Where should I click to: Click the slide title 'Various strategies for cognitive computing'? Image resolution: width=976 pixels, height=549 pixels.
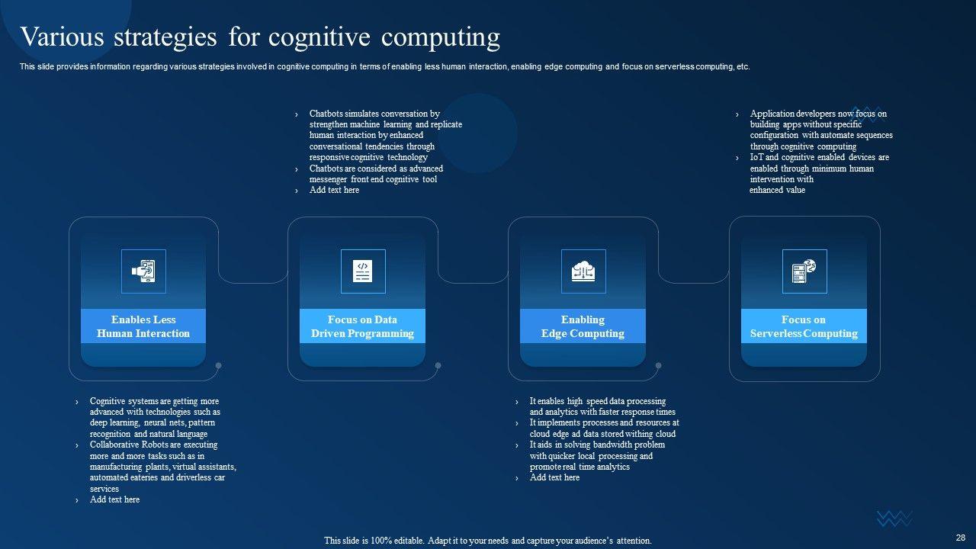point(260,37)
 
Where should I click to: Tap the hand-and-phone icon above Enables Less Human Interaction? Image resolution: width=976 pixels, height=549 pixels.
point(143,271)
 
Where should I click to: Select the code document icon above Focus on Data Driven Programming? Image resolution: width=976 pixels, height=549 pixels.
point(363,271)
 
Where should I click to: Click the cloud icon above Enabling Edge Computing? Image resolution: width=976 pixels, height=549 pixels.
point(583,271)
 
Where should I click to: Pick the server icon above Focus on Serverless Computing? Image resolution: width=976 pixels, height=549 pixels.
point(804,271)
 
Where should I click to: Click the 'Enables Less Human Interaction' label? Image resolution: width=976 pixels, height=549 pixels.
point(143,326)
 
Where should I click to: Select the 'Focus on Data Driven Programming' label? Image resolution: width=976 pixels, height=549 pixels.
point(363,326)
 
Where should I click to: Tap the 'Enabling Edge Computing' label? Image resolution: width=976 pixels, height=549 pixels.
point(583,326)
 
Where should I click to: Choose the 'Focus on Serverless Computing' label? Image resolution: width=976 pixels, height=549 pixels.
point(804,326)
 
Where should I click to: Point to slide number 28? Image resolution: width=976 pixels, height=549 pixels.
point(961,538)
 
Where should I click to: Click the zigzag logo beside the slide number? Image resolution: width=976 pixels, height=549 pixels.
point(894,519)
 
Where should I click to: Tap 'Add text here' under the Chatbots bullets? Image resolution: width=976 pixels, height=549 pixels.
point(334,191)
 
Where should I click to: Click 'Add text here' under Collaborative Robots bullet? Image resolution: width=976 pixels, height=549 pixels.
point(114,500)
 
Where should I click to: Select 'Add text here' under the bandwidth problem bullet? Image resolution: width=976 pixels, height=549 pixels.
point(554,478)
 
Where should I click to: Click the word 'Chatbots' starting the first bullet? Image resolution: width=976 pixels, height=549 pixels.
point(326,114)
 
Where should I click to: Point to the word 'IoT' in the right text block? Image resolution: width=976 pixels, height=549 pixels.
point(757,158)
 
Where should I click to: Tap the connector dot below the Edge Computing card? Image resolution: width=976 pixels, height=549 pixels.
point(658,365)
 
